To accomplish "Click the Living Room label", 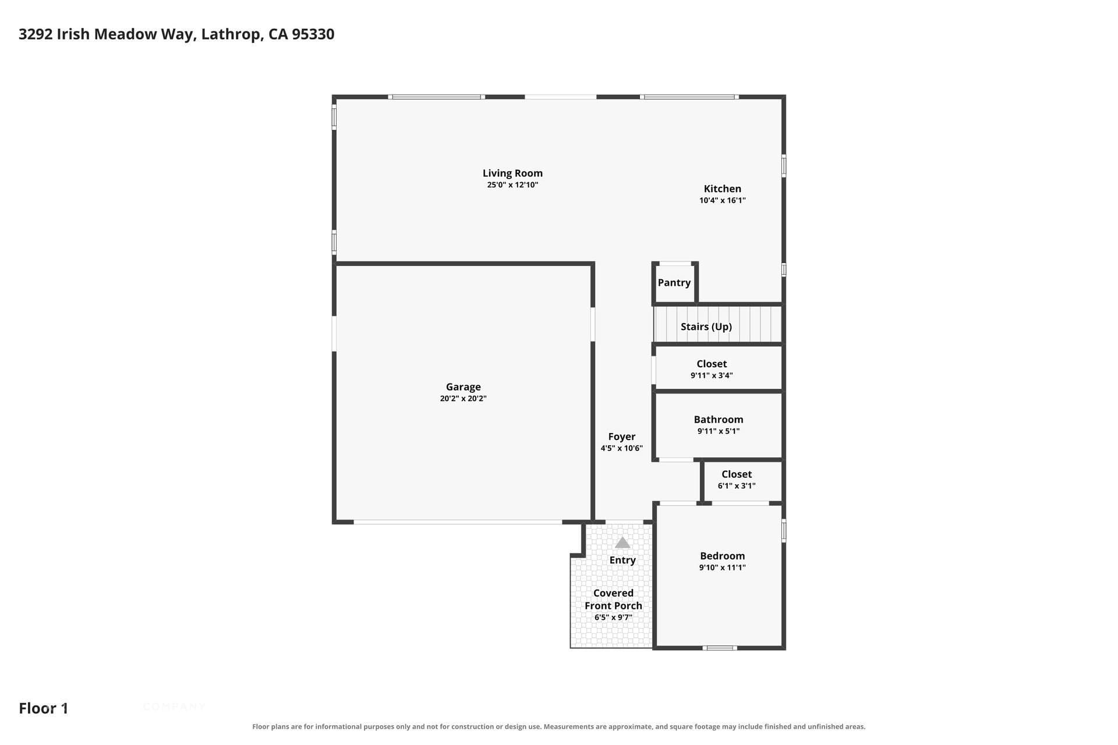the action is point(512,173).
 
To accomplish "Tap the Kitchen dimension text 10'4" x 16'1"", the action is point(722,200).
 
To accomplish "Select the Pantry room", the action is point(674,283).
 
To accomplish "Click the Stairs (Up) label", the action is point(706,327).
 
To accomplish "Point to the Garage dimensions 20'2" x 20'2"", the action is point(463,399).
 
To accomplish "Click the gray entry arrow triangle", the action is point(622,542).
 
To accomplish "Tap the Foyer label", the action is point(621,437).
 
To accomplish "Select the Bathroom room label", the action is point(718,419).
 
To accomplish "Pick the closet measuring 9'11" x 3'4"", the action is point(719,368).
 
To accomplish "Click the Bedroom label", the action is point(722,556).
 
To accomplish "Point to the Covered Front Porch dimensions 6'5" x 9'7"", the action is point(613,618).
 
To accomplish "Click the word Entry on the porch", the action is point(622,560).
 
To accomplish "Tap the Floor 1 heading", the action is point(44,708).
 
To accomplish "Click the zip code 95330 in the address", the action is point(313,34).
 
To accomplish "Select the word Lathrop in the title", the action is point(231,34).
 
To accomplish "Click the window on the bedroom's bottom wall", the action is point(719,648).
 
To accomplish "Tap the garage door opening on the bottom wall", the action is point(458,522).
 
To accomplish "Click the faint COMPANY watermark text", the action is point(174,707).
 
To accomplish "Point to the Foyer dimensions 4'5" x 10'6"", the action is point(621,448).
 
